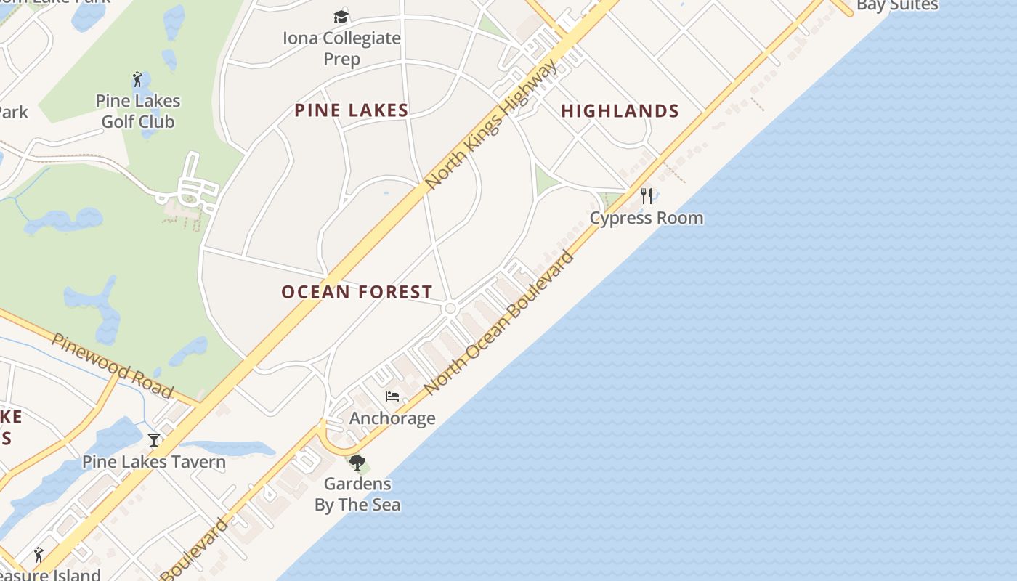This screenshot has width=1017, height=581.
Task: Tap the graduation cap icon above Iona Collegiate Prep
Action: click(341, 17)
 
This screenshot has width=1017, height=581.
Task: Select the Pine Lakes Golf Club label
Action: click(138, 111)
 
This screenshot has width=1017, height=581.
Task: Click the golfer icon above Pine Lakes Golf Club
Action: click(137, 79)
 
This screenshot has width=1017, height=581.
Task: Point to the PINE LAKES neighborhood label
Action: click(352, 110)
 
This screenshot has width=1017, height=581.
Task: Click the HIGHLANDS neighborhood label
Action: click(620, 111)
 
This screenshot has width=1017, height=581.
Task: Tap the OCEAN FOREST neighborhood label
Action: click(357, 292)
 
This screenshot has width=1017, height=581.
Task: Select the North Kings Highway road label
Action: click(492, 125)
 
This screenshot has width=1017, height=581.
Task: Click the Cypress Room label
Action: click(646, 218)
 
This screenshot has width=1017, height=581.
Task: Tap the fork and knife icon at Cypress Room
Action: click(647, 195)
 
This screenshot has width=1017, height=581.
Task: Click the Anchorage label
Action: click(392, 418)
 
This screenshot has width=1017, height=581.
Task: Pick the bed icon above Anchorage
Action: click(392, 397)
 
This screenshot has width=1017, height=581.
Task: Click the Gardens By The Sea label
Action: click(357, 494)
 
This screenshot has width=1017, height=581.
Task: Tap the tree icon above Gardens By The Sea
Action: click(357, 463)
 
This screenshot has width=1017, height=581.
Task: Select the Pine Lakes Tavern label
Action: click(153, 462)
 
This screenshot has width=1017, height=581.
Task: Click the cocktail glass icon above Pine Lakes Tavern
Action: click(154, 440)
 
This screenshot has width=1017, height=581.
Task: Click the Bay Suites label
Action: click(897, 6)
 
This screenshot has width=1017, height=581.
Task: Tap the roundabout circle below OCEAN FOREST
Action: click(450, 309)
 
